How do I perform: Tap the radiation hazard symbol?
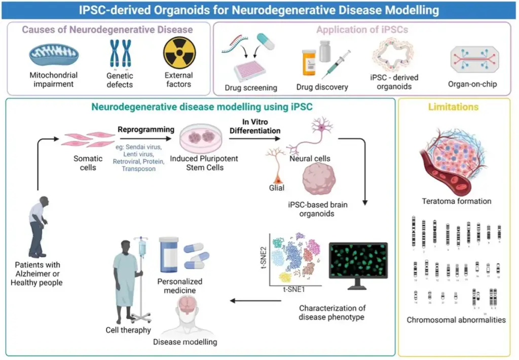(178, 54)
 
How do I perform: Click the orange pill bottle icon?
(309, 63)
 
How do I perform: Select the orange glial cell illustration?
(277, 167)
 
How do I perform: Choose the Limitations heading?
(453, 107)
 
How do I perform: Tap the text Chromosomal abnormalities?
(456, 320)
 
